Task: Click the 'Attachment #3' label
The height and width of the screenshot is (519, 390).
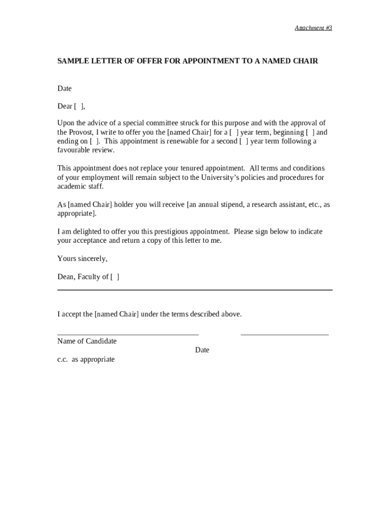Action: pyautogui.click(x=313, y=28)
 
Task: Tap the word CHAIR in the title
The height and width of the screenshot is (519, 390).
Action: pyautogui.click(x=303, y=61)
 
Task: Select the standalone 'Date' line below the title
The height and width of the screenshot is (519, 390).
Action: pyautogui.click(x=64, y=89)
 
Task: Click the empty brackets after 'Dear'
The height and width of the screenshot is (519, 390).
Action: pyautogui.click(x=79, y=106)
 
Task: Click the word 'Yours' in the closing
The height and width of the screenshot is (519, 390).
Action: pyautogui.click(x=67, y=259)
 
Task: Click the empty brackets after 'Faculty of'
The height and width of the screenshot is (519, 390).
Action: pyautogui.click(x=115, y=277)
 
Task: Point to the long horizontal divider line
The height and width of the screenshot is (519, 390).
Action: pyautogui.click(x=194, y=290)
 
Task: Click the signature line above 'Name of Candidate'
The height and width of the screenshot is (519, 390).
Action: pyautogui.click(x=128, y=335)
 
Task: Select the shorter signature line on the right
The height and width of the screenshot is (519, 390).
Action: pyautogui.click(x=284, y=335)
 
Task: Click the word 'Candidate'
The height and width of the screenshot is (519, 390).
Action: pyautogui.click(x=101, y=341)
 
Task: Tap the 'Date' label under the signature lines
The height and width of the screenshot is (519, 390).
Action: pyautogui.click(x=202, y=350)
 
